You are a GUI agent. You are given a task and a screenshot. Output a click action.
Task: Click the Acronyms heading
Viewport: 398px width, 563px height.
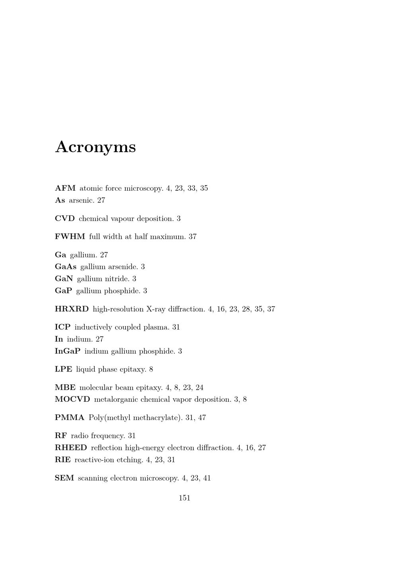point(96,147)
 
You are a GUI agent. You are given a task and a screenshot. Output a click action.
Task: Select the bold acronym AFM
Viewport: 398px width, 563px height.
point(65,188)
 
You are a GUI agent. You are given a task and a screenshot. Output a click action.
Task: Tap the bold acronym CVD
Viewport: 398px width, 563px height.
point(64,219)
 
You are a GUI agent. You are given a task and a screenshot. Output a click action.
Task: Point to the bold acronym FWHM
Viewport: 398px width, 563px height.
point(70,237)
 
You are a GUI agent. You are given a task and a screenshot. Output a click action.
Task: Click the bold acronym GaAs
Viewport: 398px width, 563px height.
point(65,267)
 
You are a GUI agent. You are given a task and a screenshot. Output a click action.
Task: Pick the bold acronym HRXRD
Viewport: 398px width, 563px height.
point(72,309)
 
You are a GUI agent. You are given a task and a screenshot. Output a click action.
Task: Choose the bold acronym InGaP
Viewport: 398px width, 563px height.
point(67,351)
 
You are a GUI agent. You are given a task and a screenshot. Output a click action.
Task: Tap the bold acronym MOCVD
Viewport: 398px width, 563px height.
point(72,399)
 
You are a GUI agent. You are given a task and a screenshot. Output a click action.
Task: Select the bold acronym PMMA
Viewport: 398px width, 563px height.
point(69,418)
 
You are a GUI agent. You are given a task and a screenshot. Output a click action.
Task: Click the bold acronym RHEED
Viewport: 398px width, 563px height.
point(70,448)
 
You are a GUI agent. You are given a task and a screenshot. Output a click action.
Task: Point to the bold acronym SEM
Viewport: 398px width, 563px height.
point(64,478)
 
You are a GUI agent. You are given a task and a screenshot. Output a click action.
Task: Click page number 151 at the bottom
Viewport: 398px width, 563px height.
point(184,498)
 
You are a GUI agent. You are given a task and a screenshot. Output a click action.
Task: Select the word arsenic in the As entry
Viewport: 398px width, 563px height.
point(81,200)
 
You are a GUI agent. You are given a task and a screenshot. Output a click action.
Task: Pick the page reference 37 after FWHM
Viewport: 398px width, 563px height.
point(193,237)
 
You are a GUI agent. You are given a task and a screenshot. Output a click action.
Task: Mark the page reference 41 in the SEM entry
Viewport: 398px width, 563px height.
point(207,478)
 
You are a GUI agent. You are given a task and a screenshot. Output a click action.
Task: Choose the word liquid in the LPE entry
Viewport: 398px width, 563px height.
point(85,369)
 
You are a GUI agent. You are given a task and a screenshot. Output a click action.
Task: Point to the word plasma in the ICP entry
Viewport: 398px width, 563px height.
point(156,327)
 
